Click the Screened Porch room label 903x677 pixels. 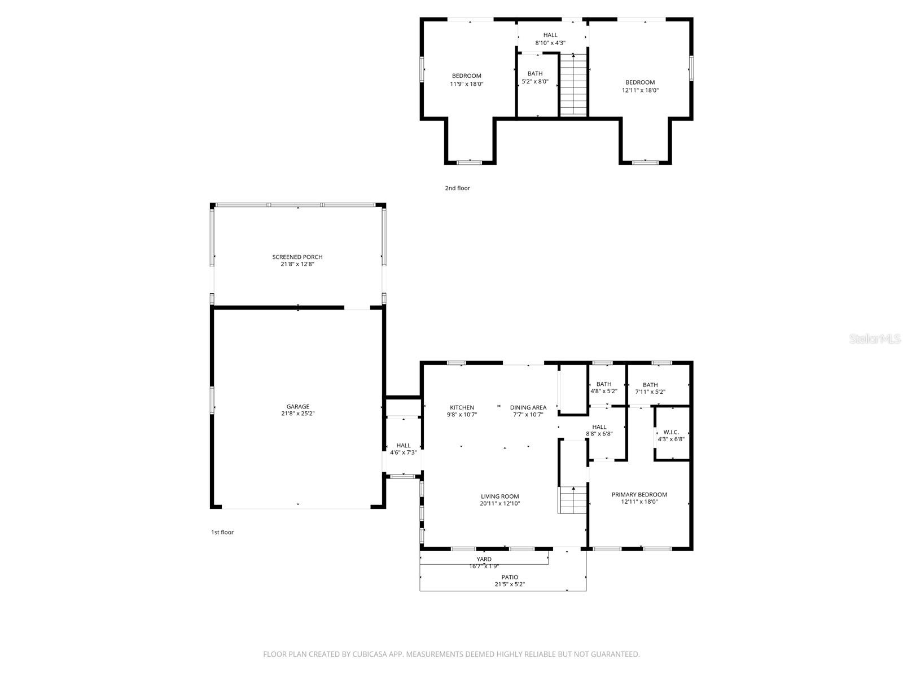[297, 257]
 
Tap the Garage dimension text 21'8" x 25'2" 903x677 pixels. [297, 414]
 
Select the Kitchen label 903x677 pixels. [462, 407]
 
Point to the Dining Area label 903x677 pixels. [528, 407]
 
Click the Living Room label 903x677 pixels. [499, 496]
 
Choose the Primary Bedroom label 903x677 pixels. [639, 495]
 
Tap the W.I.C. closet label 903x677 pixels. [671, 432]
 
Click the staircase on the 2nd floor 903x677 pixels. [573, 85]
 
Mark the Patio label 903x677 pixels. [510, 577]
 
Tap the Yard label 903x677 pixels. [484, 560]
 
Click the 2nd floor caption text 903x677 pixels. [457, 188]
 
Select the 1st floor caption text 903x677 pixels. [222, 533]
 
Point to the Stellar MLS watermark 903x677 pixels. [875, 338]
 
